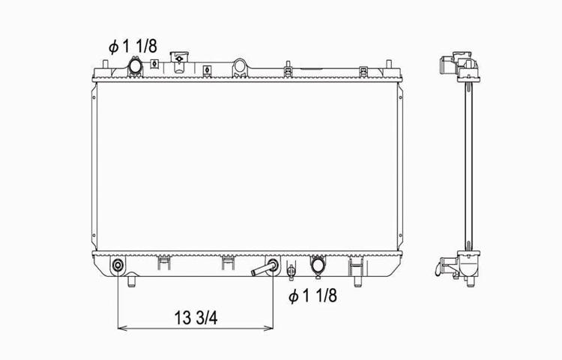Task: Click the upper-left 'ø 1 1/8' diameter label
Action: coord(133,46)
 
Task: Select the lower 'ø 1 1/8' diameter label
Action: coord(312,296)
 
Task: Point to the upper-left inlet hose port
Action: coord(136,67)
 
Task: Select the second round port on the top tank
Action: coord(240,67)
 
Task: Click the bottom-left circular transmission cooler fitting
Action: coord(118,266)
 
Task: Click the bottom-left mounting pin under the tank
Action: coord(132,281)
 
